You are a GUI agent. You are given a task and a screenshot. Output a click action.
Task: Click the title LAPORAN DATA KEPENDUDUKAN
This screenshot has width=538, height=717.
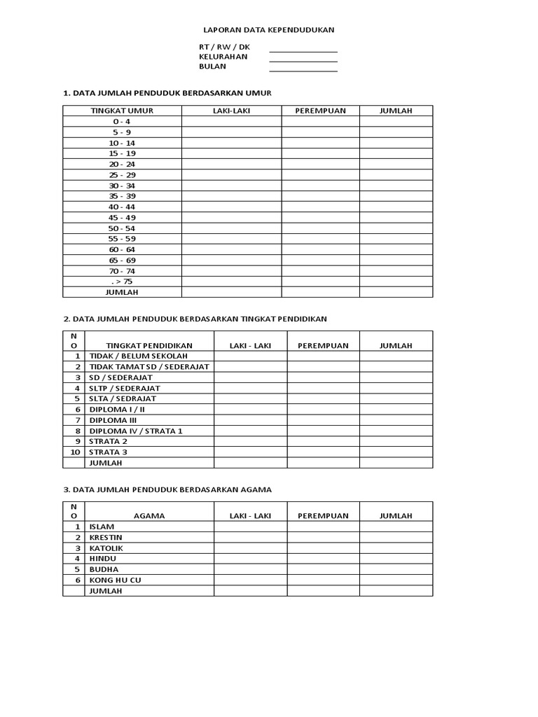[268, 30]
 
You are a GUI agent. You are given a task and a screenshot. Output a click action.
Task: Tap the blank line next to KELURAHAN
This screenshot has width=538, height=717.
[303, 61]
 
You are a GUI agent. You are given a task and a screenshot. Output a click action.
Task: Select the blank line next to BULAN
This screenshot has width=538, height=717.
[303, 71]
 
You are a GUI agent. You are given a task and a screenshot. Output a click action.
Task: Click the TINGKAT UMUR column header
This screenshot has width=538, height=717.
[122, 111]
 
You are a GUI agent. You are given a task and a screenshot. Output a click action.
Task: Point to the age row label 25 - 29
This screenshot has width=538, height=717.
[122, 174]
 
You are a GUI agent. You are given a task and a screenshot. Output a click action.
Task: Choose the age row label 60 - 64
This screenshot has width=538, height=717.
[122, 249]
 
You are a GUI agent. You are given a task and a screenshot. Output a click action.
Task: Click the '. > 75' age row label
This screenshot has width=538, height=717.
[122, 281]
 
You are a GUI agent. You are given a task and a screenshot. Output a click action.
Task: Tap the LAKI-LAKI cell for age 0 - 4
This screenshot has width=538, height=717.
[231, 121]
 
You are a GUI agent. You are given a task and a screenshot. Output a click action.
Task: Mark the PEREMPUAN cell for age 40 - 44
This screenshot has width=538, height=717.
[320, 207]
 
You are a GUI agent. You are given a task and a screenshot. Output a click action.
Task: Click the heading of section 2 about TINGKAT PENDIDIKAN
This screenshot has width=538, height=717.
[195, 319]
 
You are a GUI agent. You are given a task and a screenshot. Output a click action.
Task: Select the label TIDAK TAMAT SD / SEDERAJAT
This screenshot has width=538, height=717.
[149, 366]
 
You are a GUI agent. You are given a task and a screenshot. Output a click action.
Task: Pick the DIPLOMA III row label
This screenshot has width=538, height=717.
[113, 420]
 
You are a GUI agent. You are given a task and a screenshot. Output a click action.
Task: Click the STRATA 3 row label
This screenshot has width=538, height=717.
[109, 452]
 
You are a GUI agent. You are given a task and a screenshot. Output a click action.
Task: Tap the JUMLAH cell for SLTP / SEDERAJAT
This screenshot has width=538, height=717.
[396, 388]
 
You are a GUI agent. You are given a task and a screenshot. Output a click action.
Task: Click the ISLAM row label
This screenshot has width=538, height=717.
[102, 527]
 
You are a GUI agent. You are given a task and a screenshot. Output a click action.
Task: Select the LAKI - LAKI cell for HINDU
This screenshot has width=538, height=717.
[250, 559]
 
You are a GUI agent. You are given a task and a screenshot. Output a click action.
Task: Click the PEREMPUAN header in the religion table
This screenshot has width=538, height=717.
[323, 516]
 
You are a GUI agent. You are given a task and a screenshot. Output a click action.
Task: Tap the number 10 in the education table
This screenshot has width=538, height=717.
[74, 452]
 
